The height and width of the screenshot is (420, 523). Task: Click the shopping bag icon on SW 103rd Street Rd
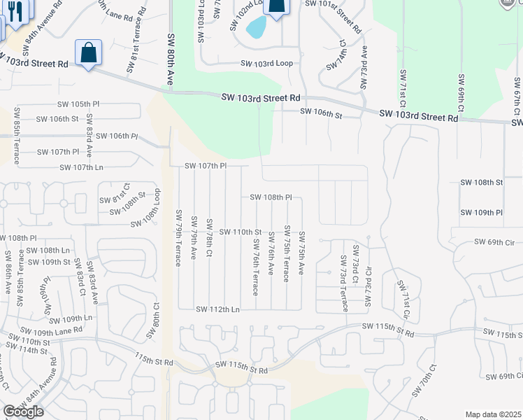pyautogui.click(x=89, y=53)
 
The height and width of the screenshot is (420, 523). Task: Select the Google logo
pyautogui.click(x=23, y=412)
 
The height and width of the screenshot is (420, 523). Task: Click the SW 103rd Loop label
pyautogui.click(x=266, y=63)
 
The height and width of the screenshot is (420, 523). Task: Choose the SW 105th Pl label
pyautogui.click(x=78, y=104)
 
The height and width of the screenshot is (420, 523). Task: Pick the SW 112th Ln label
pyautogui.click(x=217, y=309)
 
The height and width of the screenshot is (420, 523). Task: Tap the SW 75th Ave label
pyautogui.click(x=301, y=252)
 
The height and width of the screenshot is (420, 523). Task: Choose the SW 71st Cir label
pyautogui.click(x=403, y=301)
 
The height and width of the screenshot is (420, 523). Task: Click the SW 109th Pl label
pyautogui.click(x=482, y=212)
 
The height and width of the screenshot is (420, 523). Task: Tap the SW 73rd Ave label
pyautogui.click(x=364, y=67)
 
